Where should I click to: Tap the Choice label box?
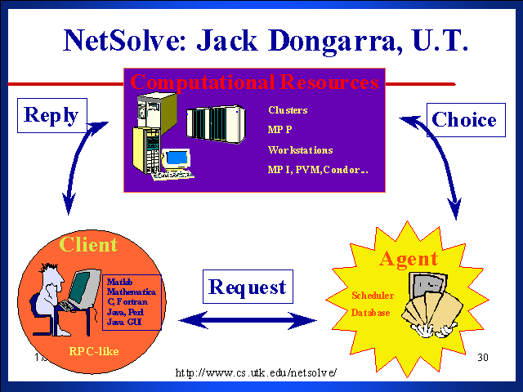click(x=464, y=120)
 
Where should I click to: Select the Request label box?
click(x=248, y=287)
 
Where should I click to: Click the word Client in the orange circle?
click(x=88, y=244)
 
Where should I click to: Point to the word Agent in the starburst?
click(x=408, y=259)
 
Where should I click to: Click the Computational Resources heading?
click(x=254, y=82)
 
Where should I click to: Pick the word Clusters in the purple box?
click(x=288, y=109)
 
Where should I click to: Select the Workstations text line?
click(x=300, y=150)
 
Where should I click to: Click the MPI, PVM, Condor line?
click(x=317, y=170)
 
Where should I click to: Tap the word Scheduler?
click(x=373, y=296)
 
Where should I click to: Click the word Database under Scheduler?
click(x=371, y=312)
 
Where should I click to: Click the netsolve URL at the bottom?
click(x=257, y=372)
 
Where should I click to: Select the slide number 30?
click(x=481, y=357)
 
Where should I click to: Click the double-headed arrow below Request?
click(x=247, y=319)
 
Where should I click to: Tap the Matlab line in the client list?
click(x=119, y=283)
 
